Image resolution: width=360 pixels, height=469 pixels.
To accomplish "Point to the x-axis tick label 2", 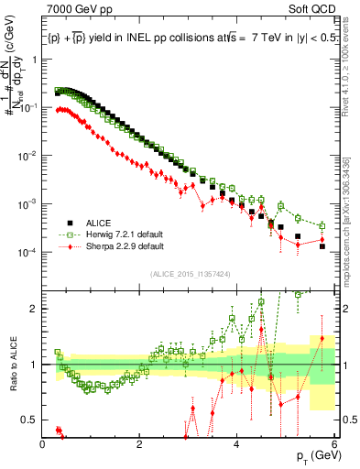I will (x=140, y=444).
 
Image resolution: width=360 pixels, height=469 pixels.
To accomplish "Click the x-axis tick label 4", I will (x=237, y=444).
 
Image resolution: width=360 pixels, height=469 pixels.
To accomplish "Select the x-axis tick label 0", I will (x=43, y=444).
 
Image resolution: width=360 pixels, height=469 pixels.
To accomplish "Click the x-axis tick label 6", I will (x=334, y=444).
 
